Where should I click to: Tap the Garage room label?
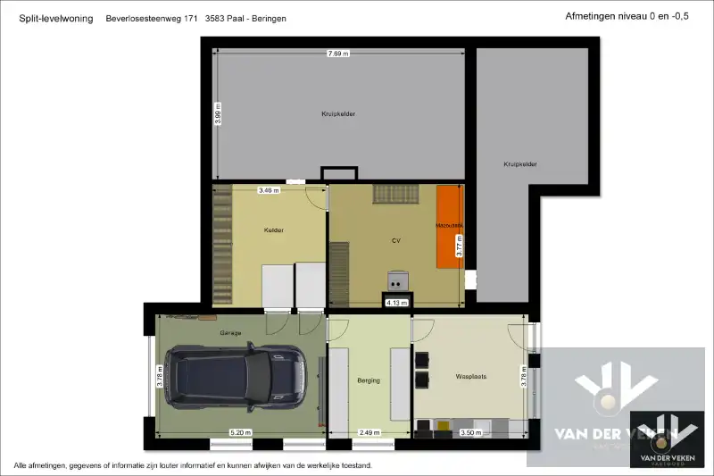click(231, 333)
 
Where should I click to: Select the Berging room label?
click(369, 380)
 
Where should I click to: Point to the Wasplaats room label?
click(470, 377)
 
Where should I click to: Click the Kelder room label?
click(274, 230)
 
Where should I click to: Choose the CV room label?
click(396, 240)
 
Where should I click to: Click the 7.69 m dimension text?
click(338, 54)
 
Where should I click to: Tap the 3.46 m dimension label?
click(268, 190)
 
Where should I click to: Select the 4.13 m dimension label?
click(396, 303)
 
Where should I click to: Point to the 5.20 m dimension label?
click(240, 432)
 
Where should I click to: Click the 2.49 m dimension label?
click(368, 432)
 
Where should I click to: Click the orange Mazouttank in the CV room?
click(449, 226)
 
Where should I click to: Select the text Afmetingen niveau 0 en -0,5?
click(627, 16)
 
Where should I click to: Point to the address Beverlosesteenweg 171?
click(151, 18)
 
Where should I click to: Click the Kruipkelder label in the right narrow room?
click(519, 163)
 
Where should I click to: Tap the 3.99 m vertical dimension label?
click(219, 113)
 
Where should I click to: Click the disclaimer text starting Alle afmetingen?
click(192, 465)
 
